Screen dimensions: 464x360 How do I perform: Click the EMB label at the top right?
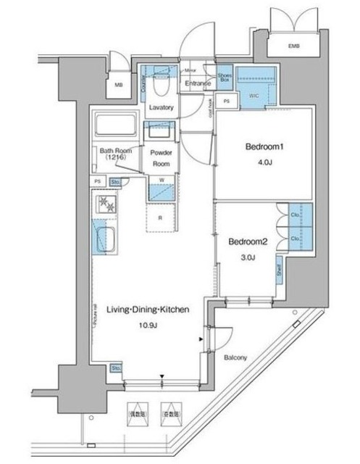click(293, 47)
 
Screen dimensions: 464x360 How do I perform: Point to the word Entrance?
click(197, 83)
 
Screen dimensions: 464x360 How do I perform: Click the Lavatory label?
click(161, 108)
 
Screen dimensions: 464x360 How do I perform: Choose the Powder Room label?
click(161, 159)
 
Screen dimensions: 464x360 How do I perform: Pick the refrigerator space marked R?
click(161, 217)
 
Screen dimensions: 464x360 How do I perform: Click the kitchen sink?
click(107, 238)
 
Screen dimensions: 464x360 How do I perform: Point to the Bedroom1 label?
click(260, 146)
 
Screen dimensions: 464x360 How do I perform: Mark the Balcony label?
click(235, 358)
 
